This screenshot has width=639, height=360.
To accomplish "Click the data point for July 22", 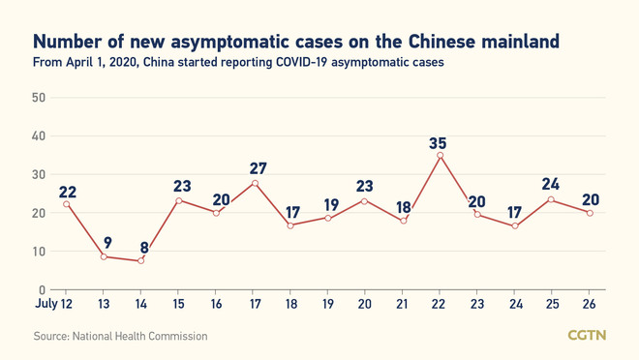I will coord(441,155).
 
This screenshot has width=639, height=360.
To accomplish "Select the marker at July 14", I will coord(141,260).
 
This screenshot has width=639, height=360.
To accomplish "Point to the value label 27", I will coord(257,168).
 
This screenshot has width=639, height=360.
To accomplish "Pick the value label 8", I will coord(143,247).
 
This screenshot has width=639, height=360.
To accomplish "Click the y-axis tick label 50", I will coord(39,98).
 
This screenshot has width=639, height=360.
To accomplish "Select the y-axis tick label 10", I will coord(39,252).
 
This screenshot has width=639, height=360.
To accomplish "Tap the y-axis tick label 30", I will coord(39,174).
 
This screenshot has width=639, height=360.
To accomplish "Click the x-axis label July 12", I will coord(53,303).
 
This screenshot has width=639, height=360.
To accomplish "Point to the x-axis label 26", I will coord(590,303).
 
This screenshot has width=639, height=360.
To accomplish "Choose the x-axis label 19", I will coord(328,303).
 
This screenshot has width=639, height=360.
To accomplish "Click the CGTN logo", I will coord(587,335).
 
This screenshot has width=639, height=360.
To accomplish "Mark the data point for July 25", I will coord(552,199).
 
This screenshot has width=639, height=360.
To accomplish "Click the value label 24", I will coord(552,184).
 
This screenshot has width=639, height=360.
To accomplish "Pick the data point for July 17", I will coord(255,183).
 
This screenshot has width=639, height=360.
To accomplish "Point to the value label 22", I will coord(67,191).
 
